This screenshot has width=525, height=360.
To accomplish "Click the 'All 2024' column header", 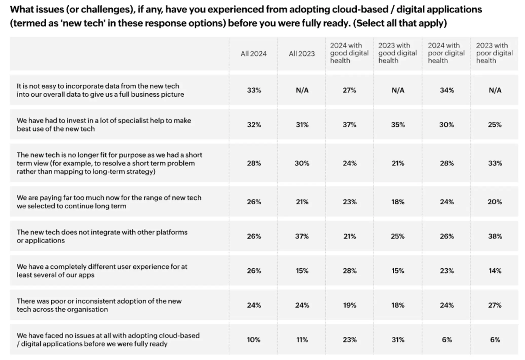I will coord(253,54).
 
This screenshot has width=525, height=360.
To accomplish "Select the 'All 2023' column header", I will coord(302,54).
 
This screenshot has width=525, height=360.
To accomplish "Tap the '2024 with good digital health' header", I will coord(349,53).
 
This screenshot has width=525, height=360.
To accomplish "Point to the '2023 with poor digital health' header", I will coord(494,53).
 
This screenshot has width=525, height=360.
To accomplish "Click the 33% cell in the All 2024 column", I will coord(254,90).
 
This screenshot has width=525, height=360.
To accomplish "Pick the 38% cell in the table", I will coord(495,236).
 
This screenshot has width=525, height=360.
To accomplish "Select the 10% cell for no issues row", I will coord(254,340).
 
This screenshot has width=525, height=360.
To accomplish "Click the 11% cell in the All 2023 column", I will coord(302,340).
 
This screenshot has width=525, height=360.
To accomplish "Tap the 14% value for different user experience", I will coord(495,271).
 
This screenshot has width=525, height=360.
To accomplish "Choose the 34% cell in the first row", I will coord(447,90).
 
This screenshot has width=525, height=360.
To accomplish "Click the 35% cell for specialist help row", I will coord(398,125).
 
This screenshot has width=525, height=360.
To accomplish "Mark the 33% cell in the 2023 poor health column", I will coord(495,163).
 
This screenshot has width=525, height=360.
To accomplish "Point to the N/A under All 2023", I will coord(302,90).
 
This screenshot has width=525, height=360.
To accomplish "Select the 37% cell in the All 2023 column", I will coord(302,236).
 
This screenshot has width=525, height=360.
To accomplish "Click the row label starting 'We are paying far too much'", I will coord(109,202).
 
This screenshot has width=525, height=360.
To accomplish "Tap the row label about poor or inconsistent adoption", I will coord(99,305).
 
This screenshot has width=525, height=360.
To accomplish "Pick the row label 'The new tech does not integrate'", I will coord(102,236).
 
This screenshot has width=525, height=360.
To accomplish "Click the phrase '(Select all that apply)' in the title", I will coord(400,23).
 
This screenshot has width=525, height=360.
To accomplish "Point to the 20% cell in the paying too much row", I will coord(495,202).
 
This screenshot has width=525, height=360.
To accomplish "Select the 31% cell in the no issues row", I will coord(398,340).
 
